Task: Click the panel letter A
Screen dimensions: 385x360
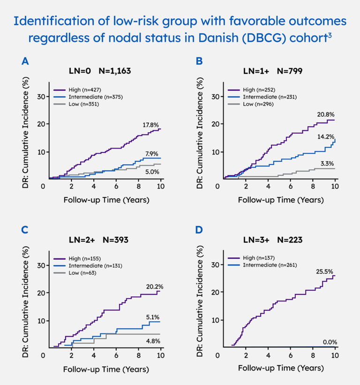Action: coord(25,61)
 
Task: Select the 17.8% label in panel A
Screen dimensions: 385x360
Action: coord(151,125)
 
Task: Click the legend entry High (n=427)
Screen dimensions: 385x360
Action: coord(78,90)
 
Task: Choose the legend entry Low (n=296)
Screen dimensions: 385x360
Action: coord(253,104)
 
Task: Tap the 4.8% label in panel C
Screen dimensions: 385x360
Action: coord(153,342)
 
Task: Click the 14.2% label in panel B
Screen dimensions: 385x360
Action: coord(327,136)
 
